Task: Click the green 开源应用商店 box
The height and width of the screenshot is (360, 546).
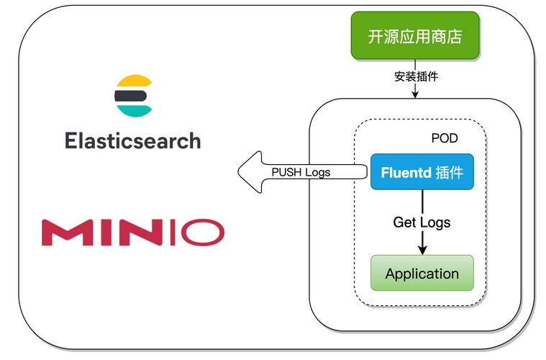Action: pyautogui.click(x=414, y=35)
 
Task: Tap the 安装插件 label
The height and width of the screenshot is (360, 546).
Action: pyautogui.click(x=416, y=76)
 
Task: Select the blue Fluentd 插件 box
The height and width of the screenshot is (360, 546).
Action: pyautogui.click(x=422, y=172)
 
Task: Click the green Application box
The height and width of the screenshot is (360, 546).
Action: pyautogui.click(x=422, y=274)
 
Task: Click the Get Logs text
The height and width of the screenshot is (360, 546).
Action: pyautogui.click(x=422, y=222)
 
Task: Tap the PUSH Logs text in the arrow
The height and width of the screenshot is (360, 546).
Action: pyautogui.click(x=301, y=172)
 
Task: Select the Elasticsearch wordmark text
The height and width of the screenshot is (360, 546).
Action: pyautogui.click(x=133, y=140)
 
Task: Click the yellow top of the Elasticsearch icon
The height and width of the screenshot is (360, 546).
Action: pyautogui.click(x=133, y=81)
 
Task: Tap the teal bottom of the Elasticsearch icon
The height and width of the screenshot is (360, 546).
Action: pyautogui.click(x=135, y=109)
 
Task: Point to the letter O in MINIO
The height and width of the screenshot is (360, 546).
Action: pyautogui.click(x=201, y=233)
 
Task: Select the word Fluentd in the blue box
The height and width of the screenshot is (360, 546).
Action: pyautogui.click(x=404, y=173)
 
